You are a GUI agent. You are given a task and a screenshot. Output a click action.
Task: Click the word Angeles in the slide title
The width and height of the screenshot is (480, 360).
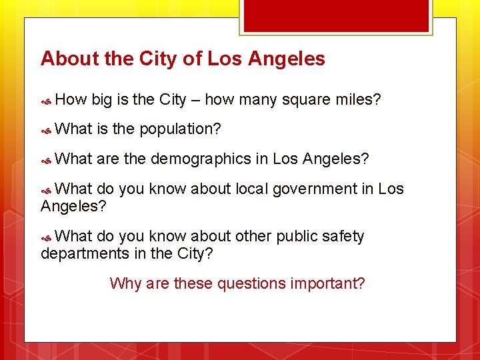[287, 59]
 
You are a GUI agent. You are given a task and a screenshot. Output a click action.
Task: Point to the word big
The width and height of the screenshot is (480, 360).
[101, 100]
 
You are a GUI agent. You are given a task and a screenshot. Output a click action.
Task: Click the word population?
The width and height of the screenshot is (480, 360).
[180, 129]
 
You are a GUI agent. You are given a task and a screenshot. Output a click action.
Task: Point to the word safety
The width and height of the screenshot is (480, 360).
[342, 236]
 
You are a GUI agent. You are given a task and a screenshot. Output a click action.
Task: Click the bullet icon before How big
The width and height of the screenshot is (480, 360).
[47, 101]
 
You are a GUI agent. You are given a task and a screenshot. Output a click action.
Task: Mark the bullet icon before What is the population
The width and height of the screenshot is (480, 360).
[47, 130]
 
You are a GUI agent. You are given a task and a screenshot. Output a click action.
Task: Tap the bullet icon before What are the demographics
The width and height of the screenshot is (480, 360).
[47, 161]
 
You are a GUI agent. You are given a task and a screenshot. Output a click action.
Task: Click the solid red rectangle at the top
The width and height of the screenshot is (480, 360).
[335, 15]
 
